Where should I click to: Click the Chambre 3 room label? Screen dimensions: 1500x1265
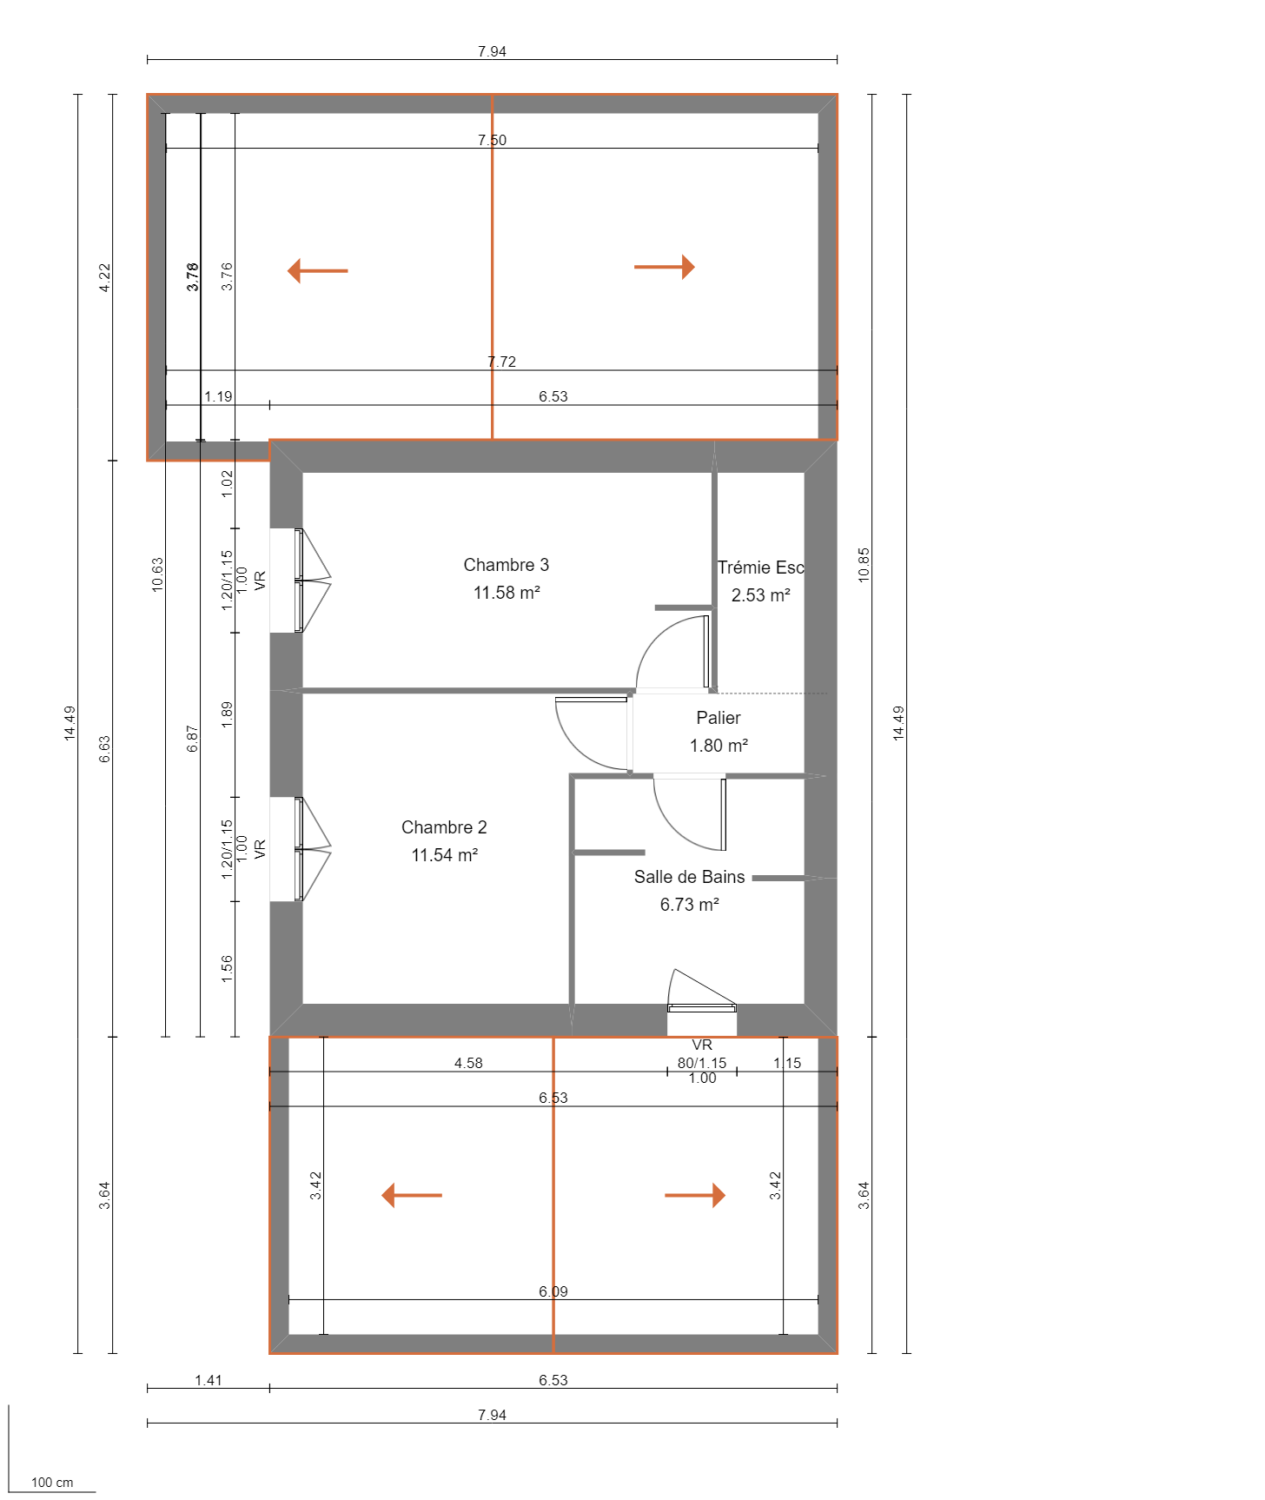506,565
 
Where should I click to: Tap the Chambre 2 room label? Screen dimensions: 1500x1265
443,827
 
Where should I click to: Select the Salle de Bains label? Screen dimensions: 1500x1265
689,877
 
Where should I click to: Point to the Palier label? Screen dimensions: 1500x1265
718,718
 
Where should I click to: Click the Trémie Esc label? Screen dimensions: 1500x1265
760,567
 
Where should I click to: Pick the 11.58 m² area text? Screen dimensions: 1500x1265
507,593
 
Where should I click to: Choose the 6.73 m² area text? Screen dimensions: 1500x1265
689,905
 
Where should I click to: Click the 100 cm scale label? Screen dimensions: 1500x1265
52,1483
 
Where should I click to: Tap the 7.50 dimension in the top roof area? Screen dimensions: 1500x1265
492,140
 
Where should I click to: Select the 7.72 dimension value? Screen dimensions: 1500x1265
501,362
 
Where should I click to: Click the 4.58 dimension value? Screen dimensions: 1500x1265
468,1063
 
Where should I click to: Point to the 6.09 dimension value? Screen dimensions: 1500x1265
553,1291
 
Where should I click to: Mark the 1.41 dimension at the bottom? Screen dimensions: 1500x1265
209,1380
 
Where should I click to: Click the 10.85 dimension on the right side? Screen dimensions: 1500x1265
864,564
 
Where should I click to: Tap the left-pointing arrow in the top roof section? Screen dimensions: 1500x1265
317,270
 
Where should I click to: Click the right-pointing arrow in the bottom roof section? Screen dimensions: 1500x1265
695,1195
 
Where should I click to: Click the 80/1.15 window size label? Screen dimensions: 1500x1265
701,1062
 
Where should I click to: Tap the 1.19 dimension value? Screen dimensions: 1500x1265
218,396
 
